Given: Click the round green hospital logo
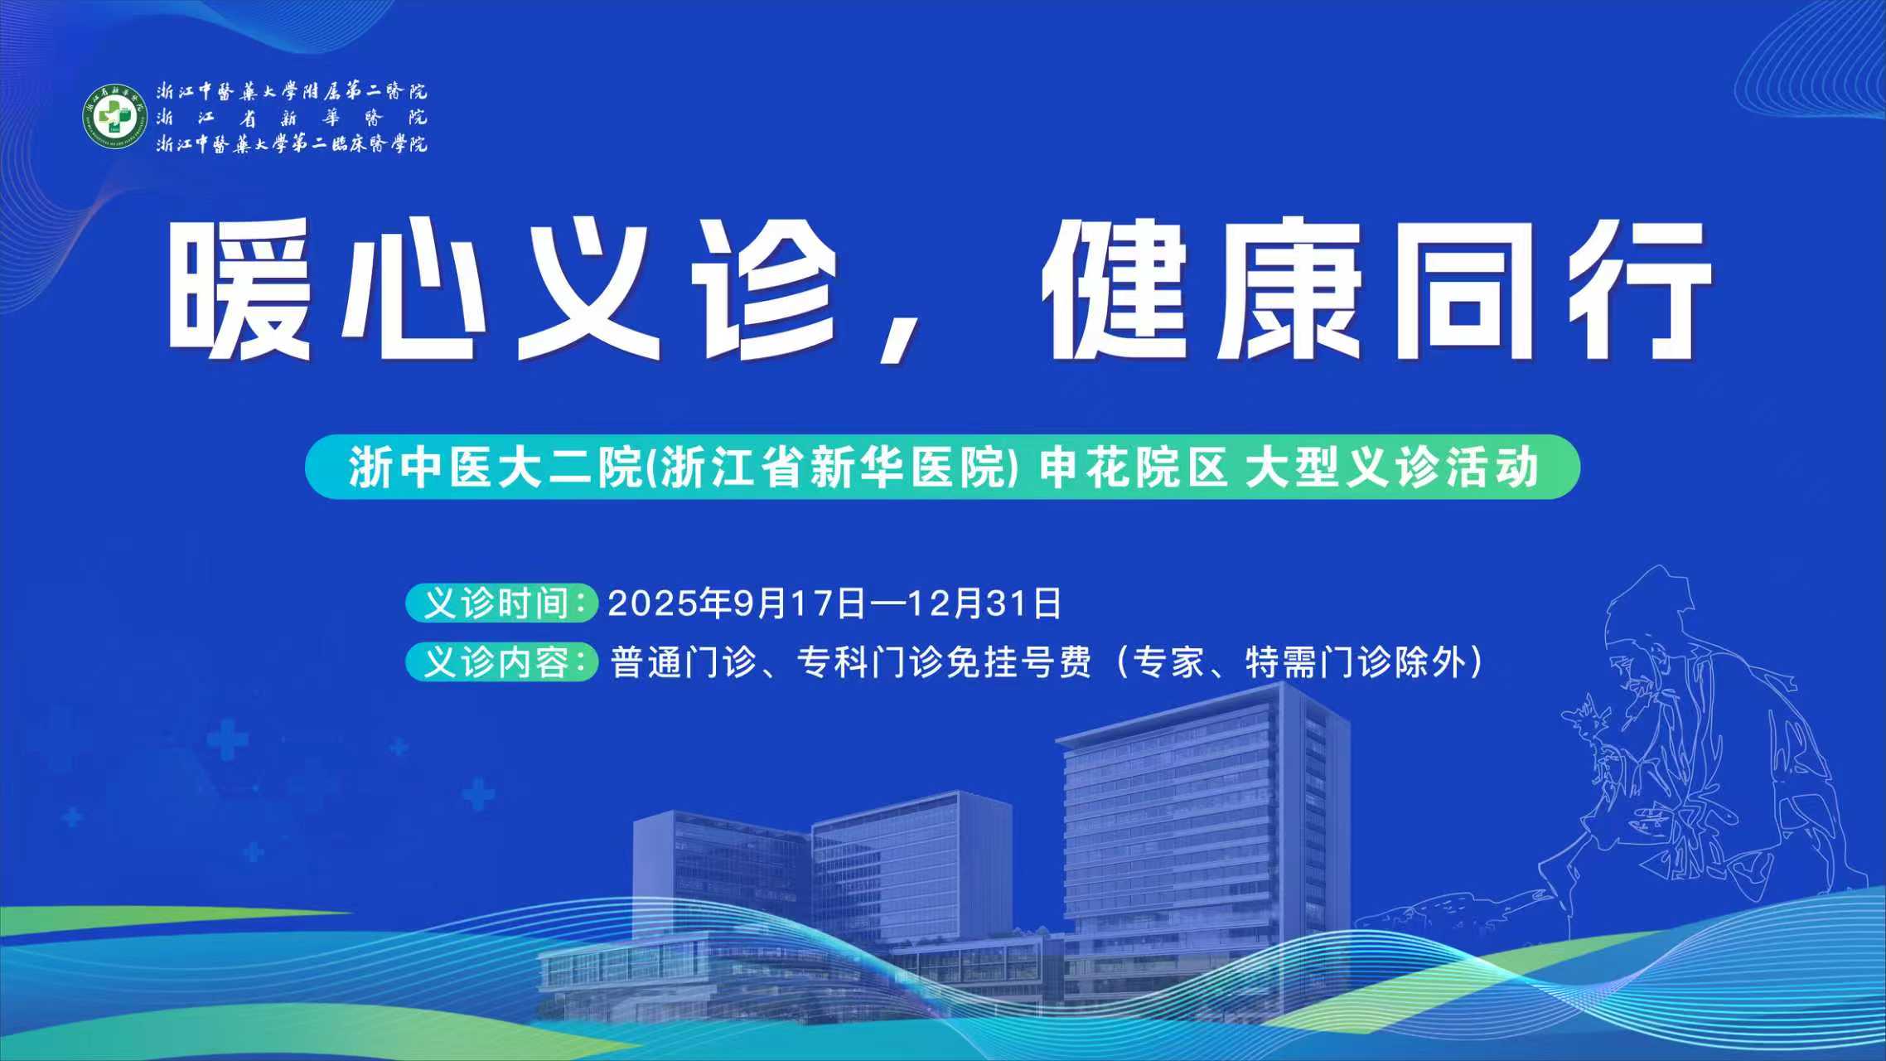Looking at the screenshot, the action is pos(114,116).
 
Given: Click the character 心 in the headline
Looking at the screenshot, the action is pos(413,289).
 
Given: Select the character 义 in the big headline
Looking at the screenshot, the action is pos(588,289).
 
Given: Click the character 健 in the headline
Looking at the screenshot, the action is pos(1115,289).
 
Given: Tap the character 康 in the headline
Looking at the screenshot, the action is pos(1290,289).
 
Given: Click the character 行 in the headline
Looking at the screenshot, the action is pos(1639,289).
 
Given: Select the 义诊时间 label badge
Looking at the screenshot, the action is pos(501,603).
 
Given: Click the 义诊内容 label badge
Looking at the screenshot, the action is pos(501,662).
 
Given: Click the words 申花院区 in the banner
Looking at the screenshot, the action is pos(1134,468).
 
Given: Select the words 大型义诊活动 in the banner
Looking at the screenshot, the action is pos(1392,468).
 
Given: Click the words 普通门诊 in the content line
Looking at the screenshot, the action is pos(684,663).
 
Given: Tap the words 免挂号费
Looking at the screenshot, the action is pos(1018,663).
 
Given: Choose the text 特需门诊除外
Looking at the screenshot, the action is pos(1356,663).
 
